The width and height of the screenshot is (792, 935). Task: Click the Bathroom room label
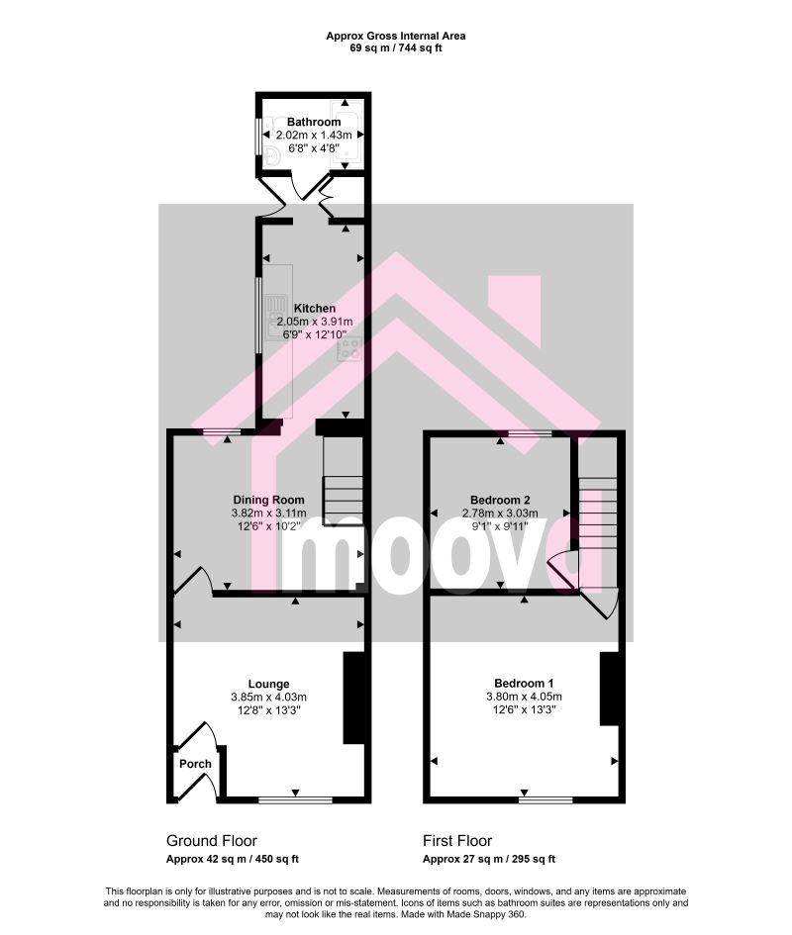tap(314, 123)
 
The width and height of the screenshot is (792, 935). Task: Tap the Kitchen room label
tap(315, 309)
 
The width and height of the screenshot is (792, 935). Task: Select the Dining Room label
tap(268, 500)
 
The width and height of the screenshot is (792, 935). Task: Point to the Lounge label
tap(268, 684)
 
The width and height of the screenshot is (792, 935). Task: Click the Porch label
tap(195, 764)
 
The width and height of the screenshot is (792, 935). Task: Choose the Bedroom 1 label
tap(524, 684)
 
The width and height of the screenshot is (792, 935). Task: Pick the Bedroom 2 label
tap(500, 500)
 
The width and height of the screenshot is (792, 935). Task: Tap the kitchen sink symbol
tap(276, 311)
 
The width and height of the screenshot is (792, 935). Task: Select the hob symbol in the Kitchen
tap(349, 349)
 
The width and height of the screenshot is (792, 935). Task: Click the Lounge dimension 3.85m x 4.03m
tap(268, 698)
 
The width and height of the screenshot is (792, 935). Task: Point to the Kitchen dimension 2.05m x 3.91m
tap(315, 322)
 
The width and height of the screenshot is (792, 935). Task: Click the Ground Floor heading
tap(211, 841)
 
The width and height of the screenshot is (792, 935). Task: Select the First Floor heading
tap(457, 841)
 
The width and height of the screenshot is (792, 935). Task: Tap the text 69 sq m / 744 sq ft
tap(396, 48)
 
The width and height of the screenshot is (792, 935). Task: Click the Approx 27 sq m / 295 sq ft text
tap(489, 859)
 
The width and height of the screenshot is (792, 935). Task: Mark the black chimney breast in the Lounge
tap(353, 698)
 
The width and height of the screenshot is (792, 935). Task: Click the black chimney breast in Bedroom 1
tap(610, 689)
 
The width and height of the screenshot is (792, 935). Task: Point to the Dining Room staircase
tap(343, 481)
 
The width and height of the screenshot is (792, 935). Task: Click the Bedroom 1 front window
tap(544, 799)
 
